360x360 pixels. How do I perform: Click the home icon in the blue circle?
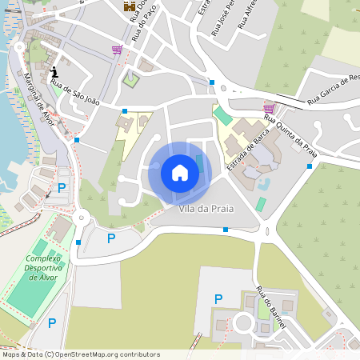(180, 173)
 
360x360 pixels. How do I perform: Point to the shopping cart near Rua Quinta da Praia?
(269, 107)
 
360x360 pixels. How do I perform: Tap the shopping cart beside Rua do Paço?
(118, 50)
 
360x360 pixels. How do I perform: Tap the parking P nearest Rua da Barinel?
(218, 299)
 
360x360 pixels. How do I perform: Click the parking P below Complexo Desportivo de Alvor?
(52, 323)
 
